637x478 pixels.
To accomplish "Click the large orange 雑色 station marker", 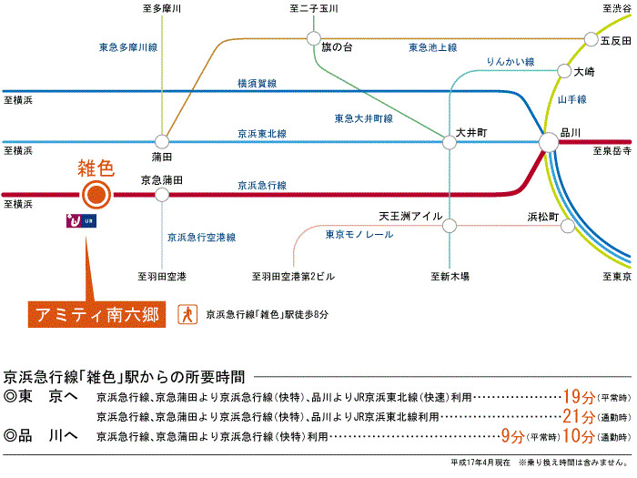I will (96, 194).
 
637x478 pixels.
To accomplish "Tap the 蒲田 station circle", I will (161, 141).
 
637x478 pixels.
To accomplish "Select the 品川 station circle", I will (549, 142).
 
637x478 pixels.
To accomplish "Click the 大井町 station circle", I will (448, 142).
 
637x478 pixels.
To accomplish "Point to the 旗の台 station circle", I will (313, 39).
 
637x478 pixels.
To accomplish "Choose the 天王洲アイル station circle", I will (448, 219).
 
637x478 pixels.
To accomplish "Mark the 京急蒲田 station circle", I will (161, 194).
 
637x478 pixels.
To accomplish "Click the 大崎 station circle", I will (564, 70).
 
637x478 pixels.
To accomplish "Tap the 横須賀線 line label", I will (257, 83).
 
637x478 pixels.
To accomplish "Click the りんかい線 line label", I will (509, 61).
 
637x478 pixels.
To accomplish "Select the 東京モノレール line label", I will (359, 234).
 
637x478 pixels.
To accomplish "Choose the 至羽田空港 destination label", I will (162, 275).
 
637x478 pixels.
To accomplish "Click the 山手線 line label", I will (571, 98).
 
